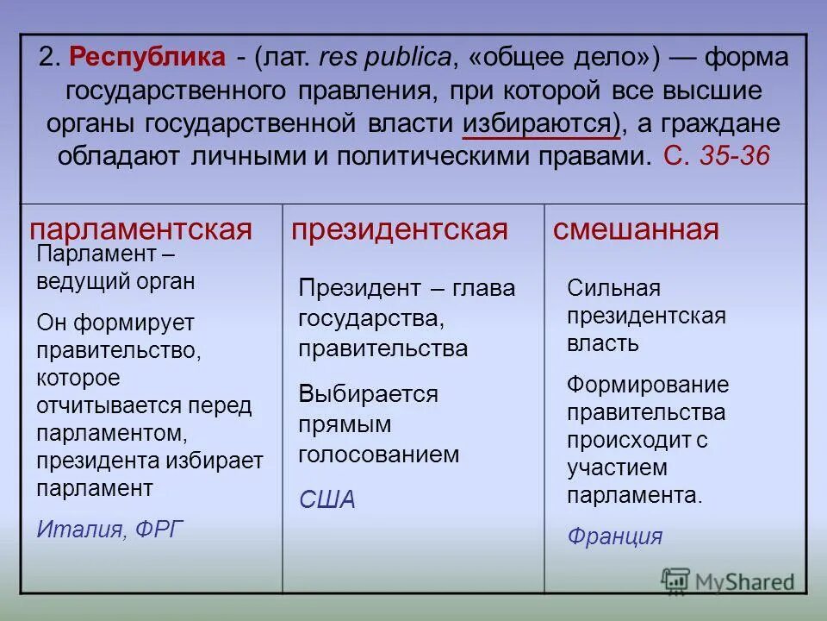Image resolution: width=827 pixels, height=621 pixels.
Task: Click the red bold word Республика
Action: point(148,58)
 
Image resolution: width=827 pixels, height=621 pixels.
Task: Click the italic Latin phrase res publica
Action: point(385,58)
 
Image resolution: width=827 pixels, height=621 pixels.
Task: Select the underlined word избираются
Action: point(539,123)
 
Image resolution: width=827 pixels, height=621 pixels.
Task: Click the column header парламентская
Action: point(140,229)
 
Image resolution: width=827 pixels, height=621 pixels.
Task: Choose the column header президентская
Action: point(399,229)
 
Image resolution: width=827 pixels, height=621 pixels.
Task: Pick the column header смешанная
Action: point(635,229)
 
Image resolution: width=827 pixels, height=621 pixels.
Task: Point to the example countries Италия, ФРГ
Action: point(110,529)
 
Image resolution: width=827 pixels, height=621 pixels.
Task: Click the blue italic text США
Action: point(326,500)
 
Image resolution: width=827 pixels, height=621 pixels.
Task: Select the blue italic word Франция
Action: point(614,536)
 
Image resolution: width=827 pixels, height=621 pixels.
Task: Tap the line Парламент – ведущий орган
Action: point(115,267)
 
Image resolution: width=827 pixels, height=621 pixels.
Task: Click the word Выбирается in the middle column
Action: point(368,394)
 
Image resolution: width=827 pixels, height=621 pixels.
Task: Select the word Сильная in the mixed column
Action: point(613,288)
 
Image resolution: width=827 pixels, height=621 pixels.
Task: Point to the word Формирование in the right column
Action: point(647,385)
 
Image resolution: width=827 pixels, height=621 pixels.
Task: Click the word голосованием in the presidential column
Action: point(378,455)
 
